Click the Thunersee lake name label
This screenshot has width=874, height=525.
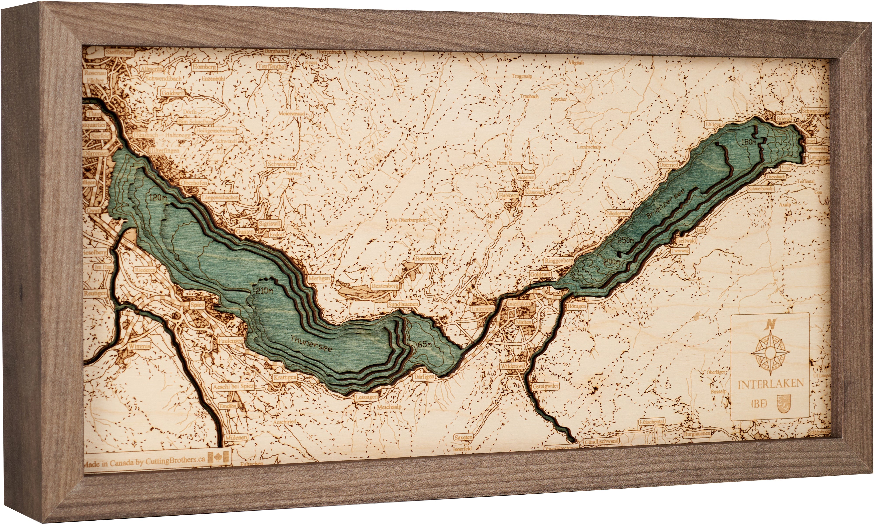click(x=311, y=343)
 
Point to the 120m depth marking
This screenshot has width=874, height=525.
click(x=158, y=198)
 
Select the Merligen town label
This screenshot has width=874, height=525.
click(x=319, y=278)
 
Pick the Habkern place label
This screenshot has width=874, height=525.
click(x=508, y=195)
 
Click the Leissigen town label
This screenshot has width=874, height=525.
click(x=366, y=397)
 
